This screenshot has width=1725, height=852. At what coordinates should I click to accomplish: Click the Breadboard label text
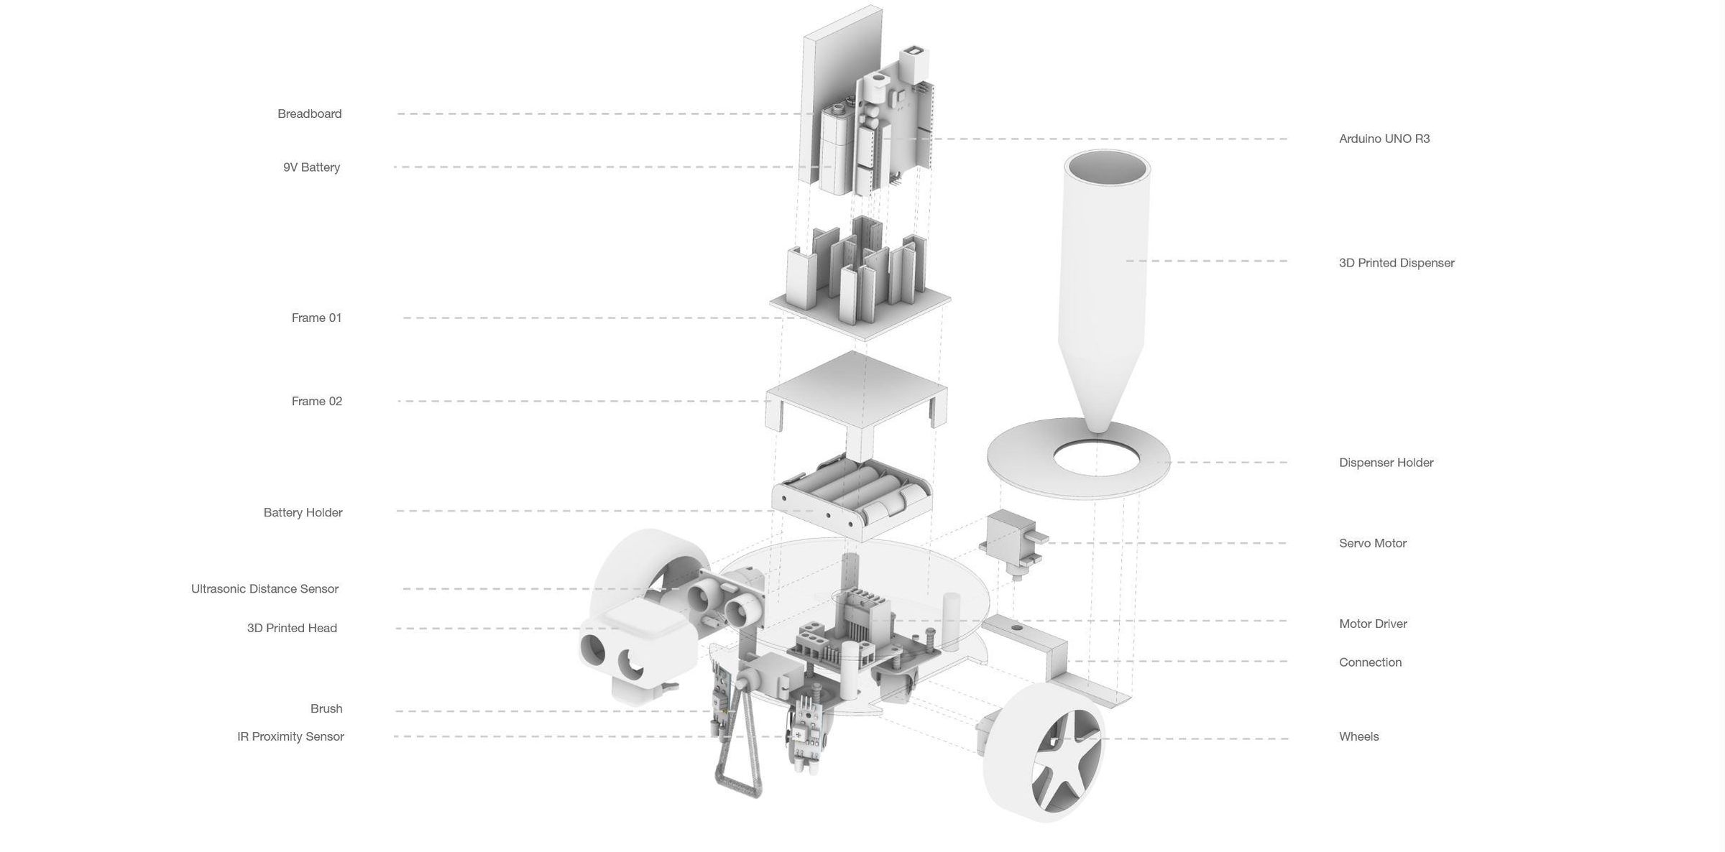tap(309, 114)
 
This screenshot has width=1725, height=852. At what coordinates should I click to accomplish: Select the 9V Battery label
tap(311, 167)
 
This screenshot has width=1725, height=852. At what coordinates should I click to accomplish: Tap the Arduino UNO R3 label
tap(1384, 139)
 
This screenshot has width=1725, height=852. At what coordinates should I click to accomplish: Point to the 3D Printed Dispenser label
tap(1396, 263)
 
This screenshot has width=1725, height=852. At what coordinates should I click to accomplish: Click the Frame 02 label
tap(316, 401)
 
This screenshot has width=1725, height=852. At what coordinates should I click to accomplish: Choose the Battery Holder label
tap(303, 512)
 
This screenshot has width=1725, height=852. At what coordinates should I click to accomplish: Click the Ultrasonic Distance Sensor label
tap(264, 588)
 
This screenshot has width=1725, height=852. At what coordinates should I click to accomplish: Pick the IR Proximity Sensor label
tap(290, 736)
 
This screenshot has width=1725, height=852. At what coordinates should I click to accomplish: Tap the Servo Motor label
tap(1372, 543)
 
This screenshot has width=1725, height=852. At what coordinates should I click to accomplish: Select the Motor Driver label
tap(1372, 624)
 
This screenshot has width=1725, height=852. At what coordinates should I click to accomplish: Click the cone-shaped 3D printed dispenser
tap(1103, 287)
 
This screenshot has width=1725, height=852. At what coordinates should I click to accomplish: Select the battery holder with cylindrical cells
tap(852, 496)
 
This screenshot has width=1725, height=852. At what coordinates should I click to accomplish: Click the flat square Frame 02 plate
tap(855, 392)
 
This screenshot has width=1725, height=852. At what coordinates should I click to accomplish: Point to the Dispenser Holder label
tap(1386, 463)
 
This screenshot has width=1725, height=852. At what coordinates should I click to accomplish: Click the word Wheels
tap(1358, 736)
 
